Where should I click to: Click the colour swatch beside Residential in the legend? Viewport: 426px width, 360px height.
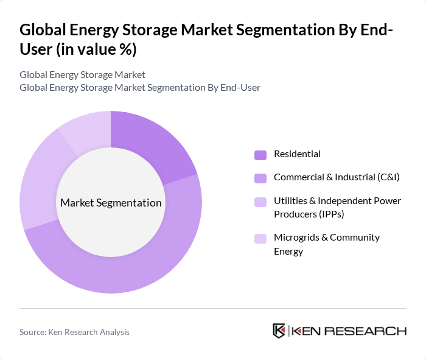click(x=260, y=155)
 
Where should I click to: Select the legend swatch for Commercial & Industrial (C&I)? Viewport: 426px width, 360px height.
click(x=260, y=178)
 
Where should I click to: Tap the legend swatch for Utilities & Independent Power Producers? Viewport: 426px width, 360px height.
click(x=260, y=202)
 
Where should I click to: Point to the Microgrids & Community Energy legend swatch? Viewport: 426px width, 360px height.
click(x=260, y=238)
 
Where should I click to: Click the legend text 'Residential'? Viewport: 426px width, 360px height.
click(x=297, y=154)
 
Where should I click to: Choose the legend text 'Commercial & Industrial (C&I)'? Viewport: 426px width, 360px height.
click(x=336, y=177)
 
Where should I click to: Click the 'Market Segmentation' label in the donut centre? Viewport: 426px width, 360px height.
click(x=111, y=203)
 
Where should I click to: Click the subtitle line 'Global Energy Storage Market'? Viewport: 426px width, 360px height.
click(x=82, y=74)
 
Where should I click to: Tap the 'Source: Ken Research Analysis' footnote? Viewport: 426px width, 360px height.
click(x=74, y=332)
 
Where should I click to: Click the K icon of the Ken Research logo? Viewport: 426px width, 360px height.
click(x=279, y=331)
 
